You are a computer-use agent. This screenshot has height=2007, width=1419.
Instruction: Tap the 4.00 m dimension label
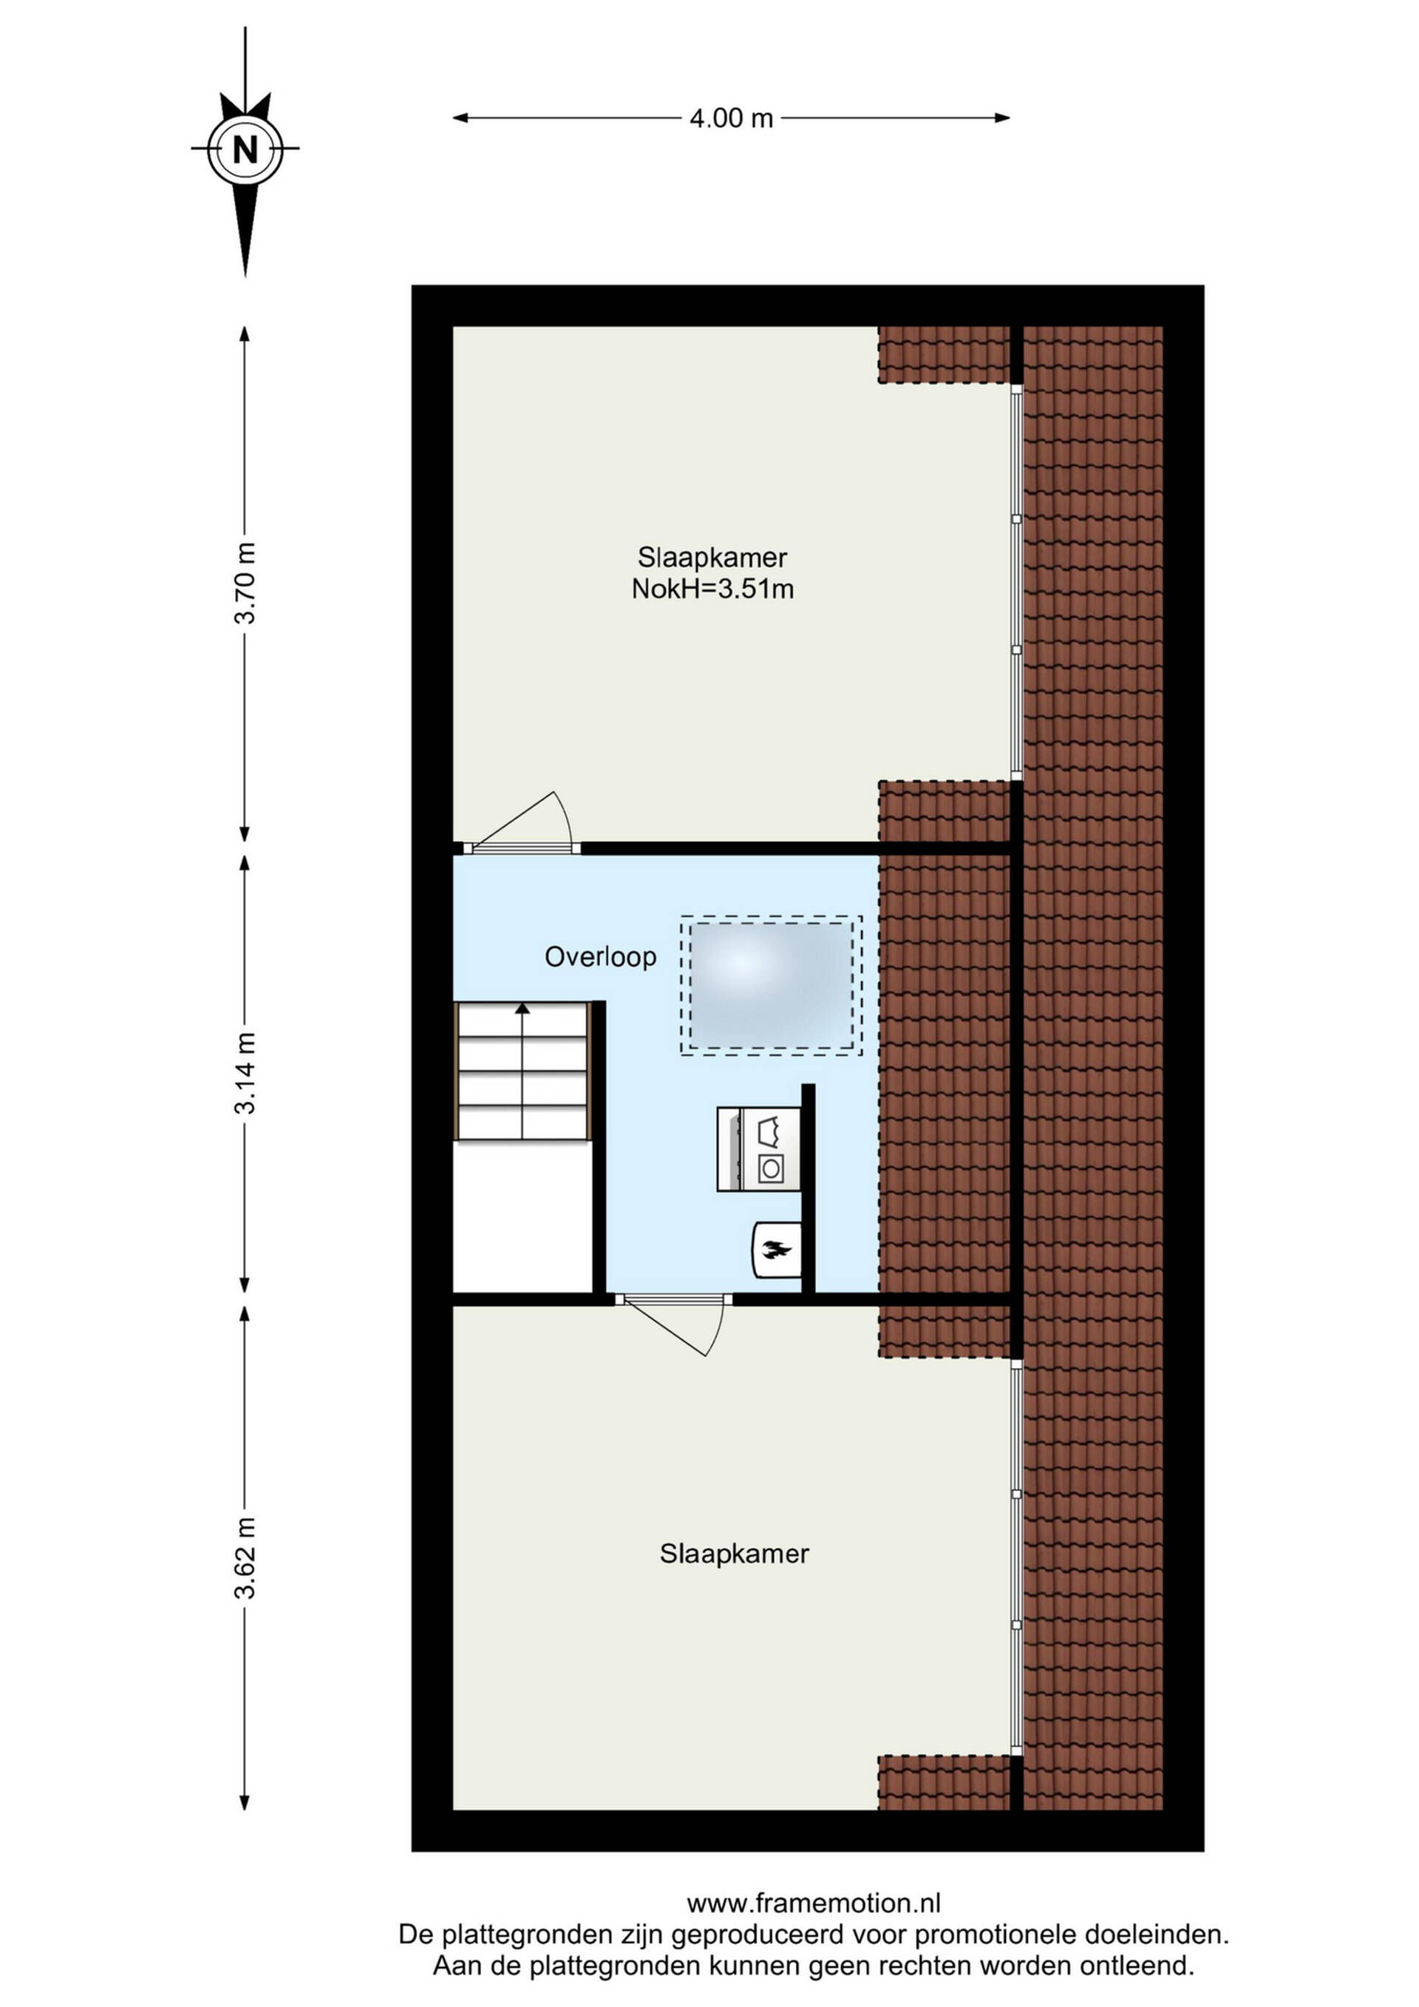732,118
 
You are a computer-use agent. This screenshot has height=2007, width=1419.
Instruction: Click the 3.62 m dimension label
246,1557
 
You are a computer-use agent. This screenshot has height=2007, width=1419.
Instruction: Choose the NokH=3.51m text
713,589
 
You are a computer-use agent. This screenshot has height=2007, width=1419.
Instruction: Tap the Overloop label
600,957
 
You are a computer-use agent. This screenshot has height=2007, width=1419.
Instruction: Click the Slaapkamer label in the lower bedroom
734,1554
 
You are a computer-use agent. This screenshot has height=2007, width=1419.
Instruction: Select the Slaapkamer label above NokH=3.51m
712,557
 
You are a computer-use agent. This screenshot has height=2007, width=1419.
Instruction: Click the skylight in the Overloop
772,985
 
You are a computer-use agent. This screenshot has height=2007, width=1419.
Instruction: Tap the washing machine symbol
758,1148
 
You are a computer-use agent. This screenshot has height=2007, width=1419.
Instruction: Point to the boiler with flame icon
776,1249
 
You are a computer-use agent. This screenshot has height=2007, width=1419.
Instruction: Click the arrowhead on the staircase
523,1008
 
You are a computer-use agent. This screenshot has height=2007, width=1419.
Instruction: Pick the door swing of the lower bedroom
673,1326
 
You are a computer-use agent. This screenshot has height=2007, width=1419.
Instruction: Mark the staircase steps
523,1071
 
